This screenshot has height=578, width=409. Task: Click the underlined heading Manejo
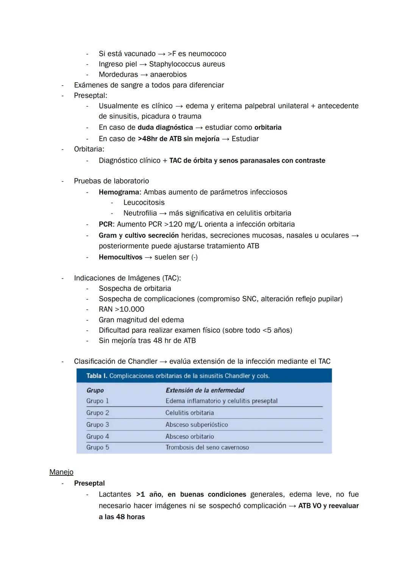61,472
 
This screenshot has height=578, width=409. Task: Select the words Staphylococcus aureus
187,64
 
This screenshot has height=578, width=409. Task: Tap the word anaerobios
169,74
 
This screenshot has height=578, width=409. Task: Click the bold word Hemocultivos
120,257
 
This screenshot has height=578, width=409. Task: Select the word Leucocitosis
144,202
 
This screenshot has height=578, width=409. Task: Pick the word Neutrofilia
140,213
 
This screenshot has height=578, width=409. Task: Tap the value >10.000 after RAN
130,309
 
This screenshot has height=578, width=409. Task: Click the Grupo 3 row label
98,424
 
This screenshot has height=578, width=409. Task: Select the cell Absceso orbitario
190,436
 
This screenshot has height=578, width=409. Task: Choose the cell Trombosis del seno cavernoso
207,447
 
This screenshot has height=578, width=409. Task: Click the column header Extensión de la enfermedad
205,390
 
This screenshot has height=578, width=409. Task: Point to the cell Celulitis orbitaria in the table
190,413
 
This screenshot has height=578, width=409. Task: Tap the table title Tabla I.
97,376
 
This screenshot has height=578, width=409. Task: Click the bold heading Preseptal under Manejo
89,483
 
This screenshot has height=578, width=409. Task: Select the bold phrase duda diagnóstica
165,127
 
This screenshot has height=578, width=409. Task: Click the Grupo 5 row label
98,447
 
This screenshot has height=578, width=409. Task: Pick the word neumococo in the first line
207,53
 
